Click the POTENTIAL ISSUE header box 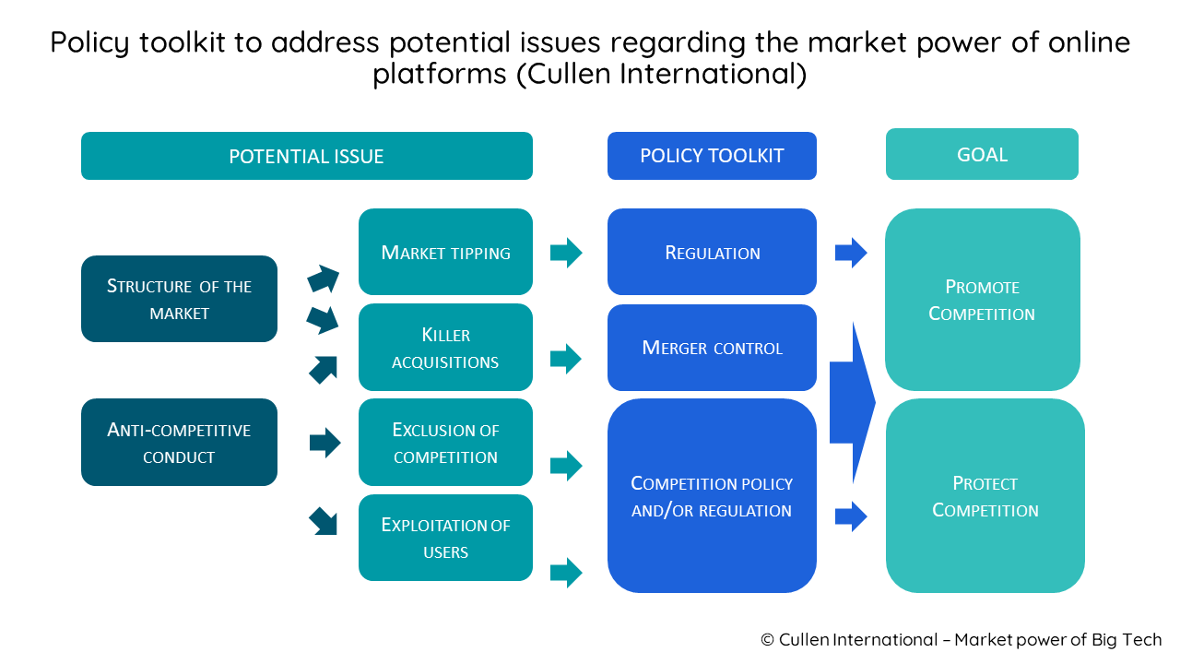coord(306,156)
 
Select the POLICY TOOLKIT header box coord(712,156)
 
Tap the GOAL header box coord(982,154)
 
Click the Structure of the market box coord(179,299)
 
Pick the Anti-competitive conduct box coord(179,443)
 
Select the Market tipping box coord(445,252)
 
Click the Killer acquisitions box coord(445,348)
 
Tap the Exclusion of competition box coord(445,443)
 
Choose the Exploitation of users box coord(445,538)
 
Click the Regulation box coord(712,252)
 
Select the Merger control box coord(712,348)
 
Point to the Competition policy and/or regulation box coord(712,496)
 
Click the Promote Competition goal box coord(982,300)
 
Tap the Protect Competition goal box coord(985,496)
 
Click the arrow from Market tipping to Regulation coord(566,252)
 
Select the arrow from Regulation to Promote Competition coord(851,252)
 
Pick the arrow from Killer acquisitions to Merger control coord(566,358)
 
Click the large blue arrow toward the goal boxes coord(852,402)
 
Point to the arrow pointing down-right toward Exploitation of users coord(324,521)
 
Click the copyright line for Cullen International coord(961,640)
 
